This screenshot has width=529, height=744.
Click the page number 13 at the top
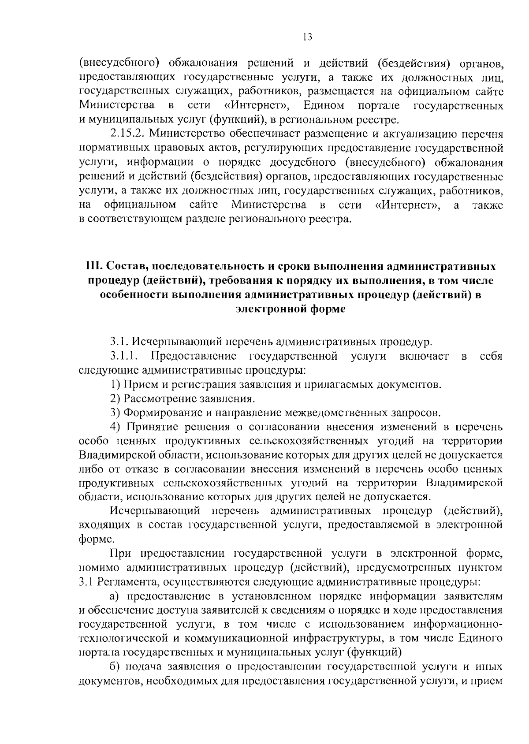[308, 37]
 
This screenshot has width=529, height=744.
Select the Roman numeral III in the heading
[94, 267]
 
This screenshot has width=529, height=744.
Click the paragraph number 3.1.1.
[125, 356]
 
